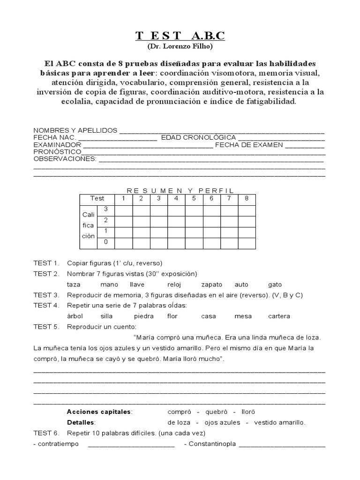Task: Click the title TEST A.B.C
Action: click(180, 36)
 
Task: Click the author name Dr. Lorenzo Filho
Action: click(180, 47)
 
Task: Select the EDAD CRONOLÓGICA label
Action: click(198, 138)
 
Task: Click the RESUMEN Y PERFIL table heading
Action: click(180, 190)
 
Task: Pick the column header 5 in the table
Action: click(194, 198)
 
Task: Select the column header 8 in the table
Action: click(247, 198)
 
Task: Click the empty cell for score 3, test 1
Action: click(123, 210)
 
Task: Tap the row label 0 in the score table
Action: click(106, 242)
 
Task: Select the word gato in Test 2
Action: click(275, 285)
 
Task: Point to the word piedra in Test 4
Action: click(143, 316)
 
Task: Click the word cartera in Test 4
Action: click(278, 316)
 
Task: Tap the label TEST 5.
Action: click(46, 326)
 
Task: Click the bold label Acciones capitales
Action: click(99, 412)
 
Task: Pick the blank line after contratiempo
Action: click(131, 444)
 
